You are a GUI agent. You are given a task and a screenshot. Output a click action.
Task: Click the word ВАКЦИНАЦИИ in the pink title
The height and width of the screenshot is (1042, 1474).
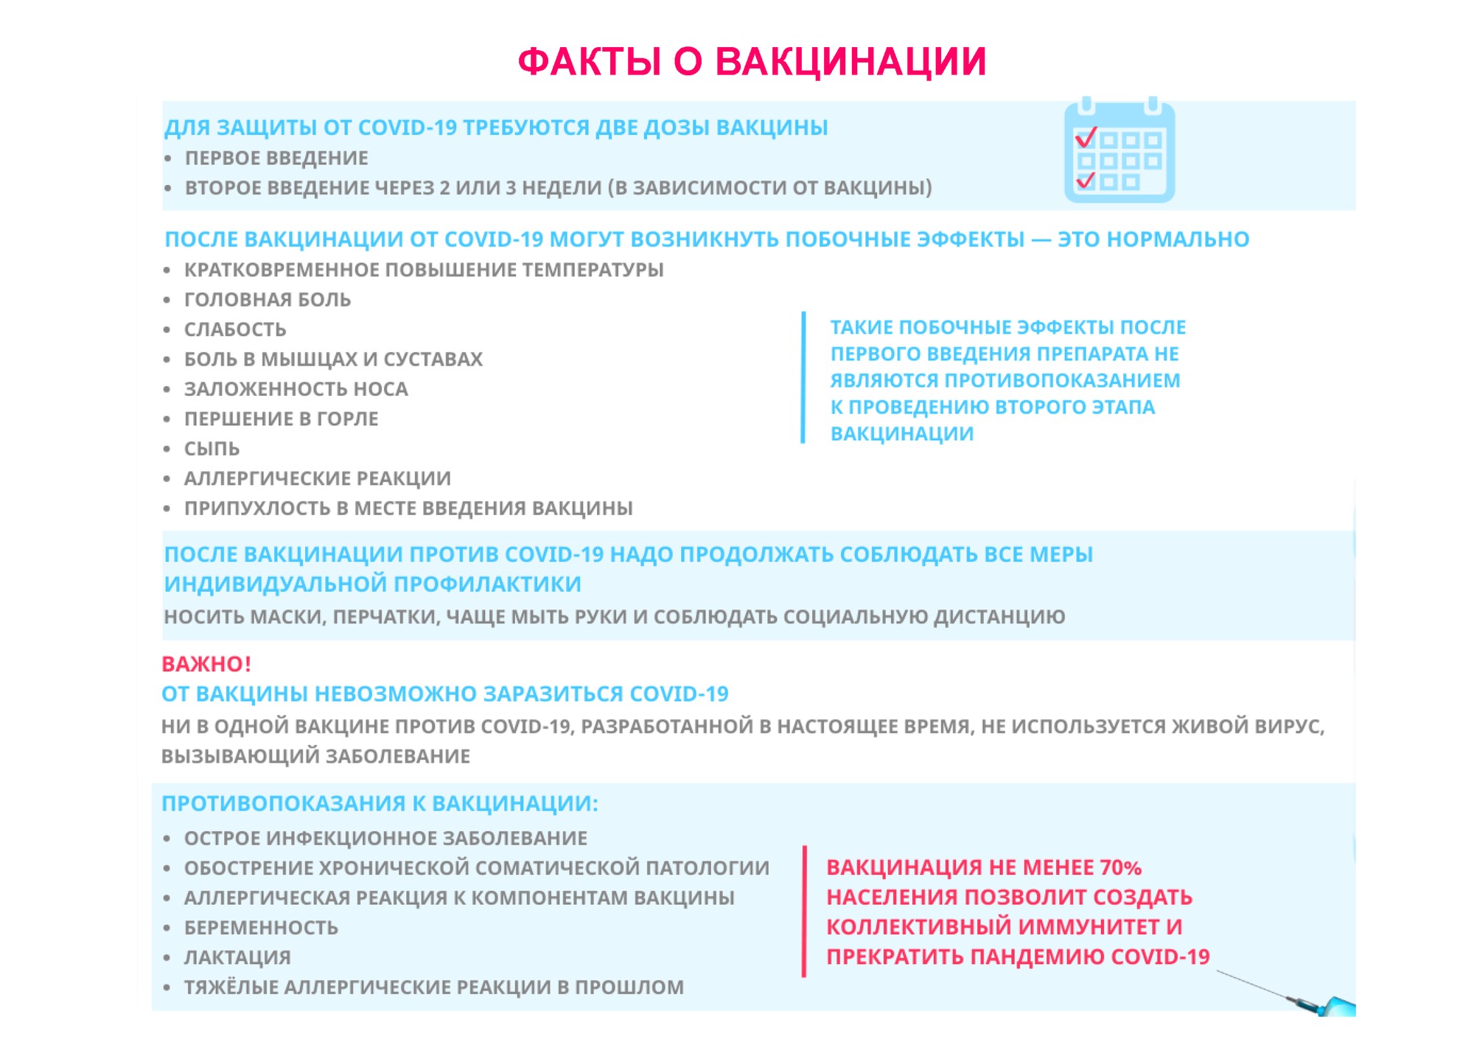850,62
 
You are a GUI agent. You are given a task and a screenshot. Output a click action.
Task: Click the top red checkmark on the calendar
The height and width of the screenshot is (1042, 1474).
1086,138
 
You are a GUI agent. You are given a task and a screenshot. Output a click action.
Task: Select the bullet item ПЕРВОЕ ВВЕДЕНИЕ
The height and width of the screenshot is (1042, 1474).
276,158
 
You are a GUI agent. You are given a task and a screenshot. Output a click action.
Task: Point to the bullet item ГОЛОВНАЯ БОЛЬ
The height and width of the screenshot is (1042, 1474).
268,300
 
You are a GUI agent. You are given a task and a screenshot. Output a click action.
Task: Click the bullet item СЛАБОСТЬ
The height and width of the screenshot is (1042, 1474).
235,329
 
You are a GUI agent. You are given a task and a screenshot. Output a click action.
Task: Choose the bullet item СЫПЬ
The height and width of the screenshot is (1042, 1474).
212,449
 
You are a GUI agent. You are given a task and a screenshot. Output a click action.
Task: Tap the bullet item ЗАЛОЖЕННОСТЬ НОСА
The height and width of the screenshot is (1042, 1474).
296,389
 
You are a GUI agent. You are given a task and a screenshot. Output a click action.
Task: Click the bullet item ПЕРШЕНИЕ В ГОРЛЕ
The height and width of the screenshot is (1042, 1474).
281,419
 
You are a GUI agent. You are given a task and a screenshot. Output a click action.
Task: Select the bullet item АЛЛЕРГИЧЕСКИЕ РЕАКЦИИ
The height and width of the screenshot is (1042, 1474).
317,479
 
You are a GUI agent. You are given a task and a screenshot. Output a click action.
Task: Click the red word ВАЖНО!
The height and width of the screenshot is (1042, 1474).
206,664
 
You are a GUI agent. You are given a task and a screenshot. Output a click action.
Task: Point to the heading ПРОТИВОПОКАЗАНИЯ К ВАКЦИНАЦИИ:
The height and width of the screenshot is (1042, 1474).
380,803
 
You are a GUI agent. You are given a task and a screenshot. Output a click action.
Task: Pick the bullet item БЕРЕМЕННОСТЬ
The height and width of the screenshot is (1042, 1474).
261,928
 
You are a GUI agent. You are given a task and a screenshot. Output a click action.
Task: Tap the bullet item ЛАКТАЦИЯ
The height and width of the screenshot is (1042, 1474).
237,957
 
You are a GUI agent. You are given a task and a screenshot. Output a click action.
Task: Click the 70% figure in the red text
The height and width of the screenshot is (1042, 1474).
1120,867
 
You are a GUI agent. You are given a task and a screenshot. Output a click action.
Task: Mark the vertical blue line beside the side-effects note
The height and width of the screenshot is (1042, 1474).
803,377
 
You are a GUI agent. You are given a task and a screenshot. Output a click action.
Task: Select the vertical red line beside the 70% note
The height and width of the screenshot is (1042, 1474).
804,912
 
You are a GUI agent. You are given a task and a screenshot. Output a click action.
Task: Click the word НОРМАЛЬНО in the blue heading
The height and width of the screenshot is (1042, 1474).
1153,239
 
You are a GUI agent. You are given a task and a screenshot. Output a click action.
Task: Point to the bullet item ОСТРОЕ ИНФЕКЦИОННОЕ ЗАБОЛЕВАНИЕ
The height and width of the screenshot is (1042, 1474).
385,839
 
